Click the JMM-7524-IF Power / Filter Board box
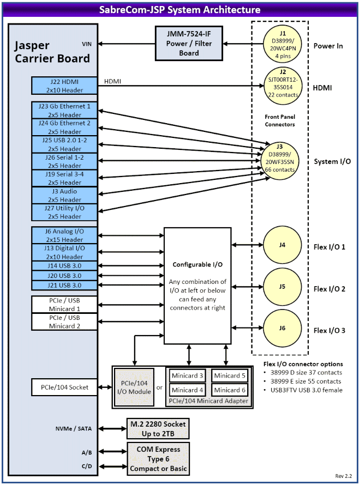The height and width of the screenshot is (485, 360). click(x=189, y=43)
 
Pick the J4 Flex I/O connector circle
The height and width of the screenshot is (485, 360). click(x=283, y=245)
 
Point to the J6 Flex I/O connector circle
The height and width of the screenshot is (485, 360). click(x=283, y=328)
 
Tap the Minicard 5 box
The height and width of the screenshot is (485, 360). click(x=229, y=375)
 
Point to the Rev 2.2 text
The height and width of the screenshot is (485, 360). click(x=343, y=476)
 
